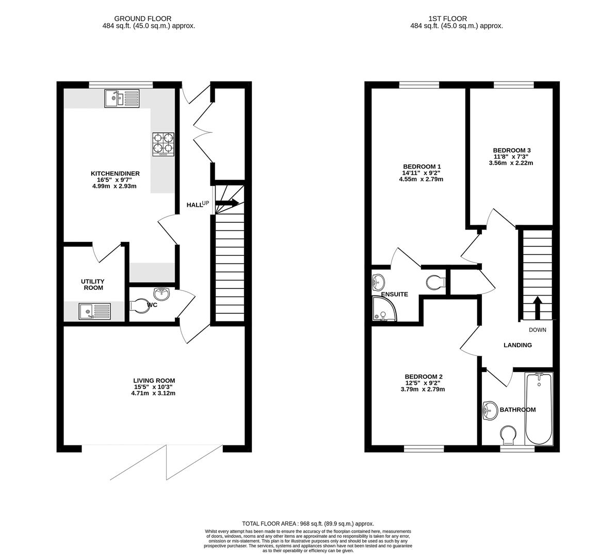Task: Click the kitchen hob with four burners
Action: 163,144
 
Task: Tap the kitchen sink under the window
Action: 122,98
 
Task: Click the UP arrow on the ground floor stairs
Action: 228,203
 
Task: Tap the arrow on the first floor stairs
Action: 537,308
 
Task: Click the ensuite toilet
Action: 436,282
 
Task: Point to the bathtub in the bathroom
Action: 538,409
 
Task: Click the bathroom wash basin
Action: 489,411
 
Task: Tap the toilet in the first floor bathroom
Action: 509,433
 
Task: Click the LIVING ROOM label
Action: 153,381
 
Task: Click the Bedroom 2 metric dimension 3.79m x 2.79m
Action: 423,389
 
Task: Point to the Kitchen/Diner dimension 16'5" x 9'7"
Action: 115,180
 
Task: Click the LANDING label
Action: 517,345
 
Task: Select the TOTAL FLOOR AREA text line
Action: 307,523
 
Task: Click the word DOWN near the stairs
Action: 537,330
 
